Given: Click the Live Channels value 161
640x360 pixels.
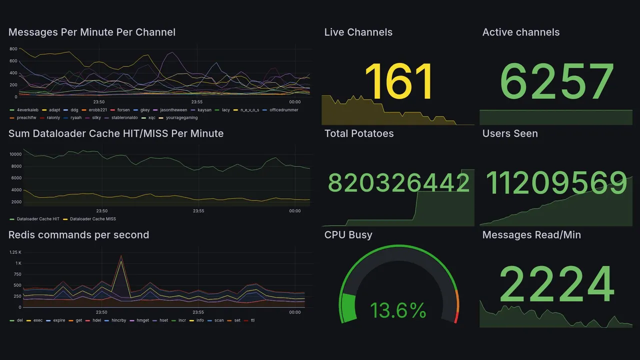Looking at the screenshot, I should coord(398,81).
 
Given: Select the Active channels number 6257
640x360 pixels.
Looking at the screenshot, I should coord(556,81).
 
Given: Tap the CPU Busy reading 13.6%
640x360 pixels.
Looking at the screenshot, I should coord(398,310).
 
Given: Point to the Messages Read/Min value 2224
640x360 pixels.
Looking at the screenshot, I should coord(556,284).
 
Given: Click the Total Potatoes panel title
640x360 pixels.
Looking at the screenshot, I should coord(358,133).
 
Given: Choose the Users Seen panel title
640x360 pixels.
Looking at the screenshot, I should coord(509,133).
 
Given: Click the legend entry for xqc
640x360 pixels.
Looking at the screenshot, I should coord(151,118).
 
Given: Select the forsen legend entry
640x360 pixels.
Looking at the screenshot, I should coord(123,110).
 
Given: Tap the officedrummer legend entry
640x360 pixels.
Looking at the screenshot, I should coord(283,110).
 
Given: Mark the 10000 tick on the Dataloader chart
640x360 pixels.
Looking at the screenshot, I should coord(15,154).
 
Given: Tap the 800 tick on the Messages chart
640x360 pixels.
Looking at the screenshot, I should coord(13,49).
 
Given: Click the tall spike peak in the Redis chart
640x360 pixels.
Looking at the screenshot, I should coord(120,256).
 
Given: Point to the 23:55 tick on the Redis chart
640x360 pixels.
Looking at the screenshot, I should coord(198,312).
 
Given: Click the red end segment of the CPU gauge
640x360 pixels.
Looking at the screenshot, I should coord(455,317).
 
